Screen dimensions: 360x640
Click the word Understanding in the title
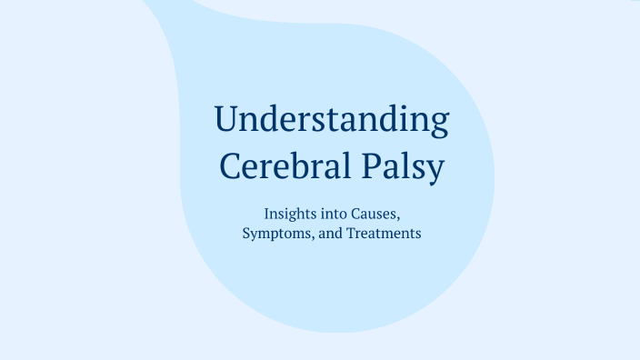(331, 121)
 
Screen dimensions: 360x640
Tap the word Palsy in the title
(414, 167)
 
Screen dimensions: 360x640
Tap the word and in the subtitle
(331, 233)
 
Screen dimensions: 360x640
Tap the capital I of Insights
(266, 215)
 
